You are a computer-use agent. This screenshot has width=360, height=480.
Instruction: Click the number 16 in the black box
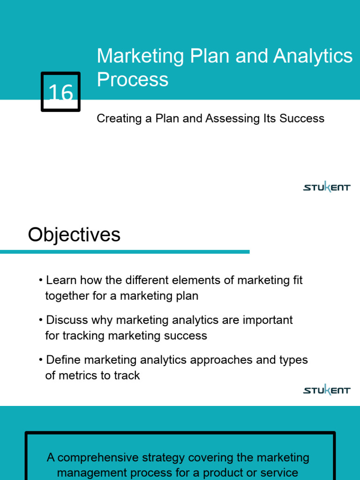point(61,93)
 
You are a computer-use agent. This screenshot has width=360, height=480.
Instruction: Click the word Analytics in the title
point(313,56)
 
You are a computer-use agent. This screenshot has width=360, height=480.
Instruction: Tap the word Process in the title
point(133,80)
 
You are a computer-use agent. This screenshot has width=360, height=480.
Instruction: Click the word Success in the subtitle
point(302,119)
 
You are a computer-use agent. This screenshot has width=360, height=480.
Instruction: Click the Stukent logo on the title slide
point(327,187)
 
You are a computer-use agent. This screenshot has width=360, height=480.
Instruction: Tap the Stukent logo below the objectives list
point(327,390)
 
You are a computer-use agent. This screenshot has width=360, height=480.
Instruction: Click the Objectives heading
point(74,235)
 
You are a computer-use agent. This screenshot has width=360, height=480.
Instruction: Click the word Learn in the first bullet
point(61,280)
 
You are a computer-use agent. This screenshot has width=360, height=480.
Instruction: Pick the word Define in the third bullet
point(63,360)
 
